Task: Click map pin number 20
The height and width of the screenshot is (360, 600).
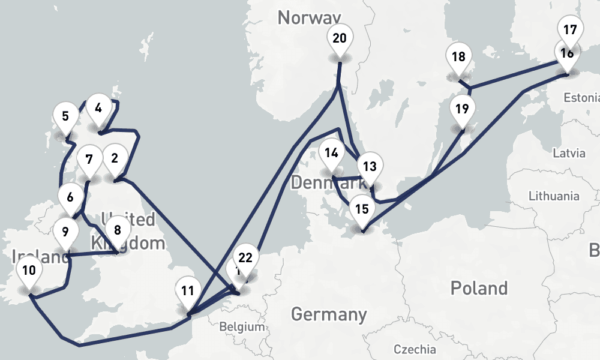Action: pyautogui.click(x=340, y=40)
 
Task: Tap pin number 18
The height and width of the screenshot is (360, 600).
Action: pyautogui.click(x=459, y=58)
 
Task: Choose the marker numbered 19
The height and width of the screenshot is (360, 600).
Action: pyautogui.click(x=461, y=110)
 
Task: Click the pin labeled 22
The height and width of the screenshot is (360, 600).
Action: pyautogui.click(x=245, y=259)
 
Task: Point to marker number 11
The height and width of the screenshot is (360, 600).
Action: pyautogui.click(x=188, y=292)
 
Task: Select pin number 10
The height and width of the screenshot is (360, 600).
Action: pyautogui.click(x=29, y=271)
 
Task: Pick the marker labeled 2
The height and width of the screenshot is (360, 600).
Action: pyautogui.click(x=115, y=160)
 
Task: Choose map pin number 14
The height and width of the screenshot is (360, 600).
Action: pyautogui.click(x=331, y=153)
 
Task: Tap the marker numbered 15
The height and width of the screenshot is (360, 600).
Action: pyautogui.click(x=361, y=210)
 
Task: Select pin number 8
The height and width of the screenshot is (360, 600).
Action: pyautogui.click(x=117, y=230)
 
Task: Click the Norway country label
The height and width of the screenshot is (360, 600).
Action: pyautogui.click(x=309, y=17)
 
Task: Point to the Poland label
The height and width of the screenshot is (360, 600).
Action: pyautogui.click(x=479, y=288)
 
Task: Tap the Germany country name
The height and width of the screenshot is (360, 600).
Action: pyautogui.click(x=329, y=314)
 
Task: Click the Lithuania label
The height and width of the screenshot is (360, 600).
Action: pyautogui.click(x=553, y=196)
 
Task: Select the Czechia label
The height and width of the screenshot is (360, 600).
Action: pyautogui.click(x=415, y=349)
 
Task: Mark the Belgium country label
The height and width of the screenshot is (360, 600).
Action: pyautogui.click(x=242, y=327)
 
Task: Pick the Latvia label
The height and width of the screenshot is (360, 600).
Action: pyautogui.click(x=569, y=153)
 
